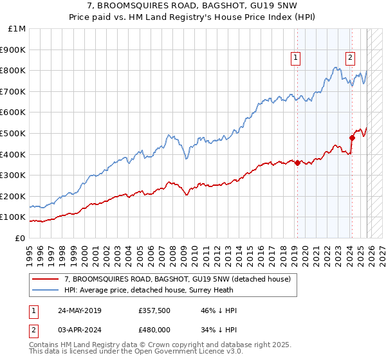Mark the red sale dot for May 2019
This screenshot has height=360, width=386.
[x=297, y=163]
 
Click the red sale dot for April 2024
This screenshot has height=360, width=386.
[x=353, y=138]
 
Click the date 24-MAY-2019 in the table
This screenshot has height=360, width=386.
[x=79, y=311]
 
